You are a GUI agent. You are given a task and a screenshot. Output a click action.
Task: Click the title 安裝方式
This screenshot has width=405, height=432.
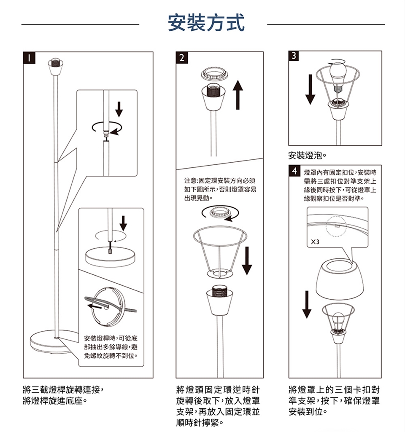[x=206, y=22]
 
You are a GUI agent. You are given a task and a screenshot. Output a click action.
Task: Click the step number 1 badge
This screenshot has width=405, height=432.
[x=29, y=58]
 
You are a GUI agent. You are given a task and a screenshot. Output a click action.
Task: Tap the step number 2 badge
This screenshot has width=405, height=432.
[x=182, y=58]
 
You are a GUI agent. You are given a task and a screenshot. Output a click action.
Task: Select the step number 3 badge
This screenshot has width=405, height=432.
[x=294, y=56]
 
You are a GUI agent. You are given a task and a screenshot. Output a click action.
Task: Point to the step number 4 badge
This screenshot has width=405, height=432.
[x=294, y=171]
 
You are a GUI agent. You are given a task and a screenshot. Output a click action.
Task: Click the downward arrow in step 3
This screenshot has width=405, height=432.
[x=310, y=89]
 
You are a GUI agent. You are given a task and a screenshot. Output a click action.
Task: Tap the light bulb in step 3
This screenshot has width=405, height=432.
[x=338, y=77]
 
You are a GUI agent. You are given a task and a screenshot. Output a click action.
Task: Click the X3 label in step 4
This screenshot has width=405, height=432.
[x=315, y=242]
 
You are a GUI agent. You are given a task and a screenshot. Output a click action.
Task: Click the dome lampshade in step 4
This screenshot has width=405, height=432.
[x=340, y=279]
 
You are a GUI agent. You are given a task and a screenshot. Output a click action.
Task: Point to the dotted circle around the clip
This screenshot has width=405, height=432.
[x=336, y=226]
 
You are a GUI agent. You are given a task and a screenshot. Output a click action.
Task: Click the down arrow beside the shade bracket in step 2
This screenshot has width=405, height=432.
[x=247, y=260]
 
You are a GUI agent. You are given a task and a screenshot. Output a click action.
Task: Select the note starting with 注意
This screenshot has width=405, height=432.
[x=220, y=189]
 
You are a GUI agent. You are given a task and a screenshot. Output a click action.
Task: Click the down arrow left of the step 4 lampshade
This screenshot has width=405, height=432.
[x=307, y=304]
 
